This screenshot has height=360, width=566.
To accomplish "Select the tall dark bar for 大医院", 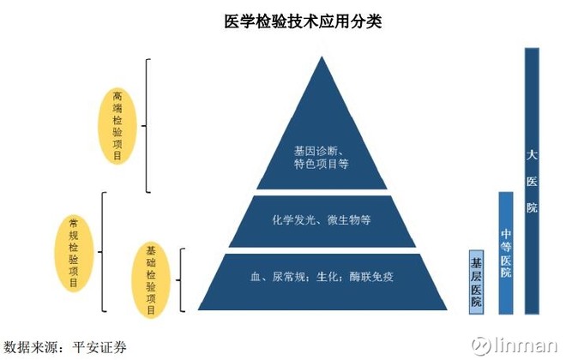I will [532, 180].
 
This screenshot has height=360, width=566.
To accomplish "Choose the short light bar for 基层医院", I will [477, 281].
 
